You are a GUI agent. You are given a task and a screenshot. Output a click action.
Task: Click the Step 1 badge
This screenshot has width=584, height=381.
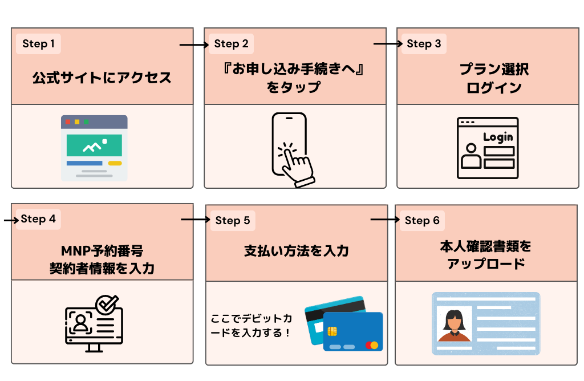39,44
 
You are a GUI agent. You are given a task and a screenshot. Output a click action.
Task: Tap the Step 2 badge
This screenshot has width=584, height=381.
231,44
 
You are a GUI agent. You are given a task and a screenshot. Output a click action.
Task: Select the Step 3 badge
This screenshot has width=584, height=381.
424,44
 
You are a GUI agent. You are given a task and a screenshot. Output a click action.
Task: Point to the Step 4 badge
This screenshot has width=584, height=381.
38,219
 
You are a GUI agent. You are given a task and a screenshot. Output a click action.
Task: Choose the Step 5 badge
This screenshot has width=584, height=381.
233,221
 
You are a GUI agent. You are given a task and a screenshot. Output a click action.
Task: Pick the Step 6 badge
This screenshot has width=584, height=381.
422,221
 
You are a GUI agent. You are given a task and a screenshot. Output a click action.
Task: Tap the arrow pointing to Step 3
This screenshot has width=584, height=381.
388,44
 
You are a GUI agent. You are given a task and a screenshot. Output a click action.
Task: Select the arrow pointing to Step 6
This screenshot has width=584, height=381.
385,220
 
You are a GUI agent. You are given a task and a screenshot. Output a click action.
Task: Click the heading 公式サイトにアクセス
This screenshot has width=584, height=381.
102,78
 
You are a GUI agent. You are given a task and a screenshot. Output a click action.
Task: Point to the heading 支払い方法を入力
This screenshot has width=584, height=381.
297,251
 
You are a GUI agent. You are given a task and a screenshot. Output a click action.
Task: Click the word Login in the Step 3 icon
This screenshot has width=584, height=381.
498,137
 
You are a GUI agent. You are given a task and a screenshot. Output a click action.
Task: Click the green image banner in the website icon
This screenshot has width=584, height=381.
94,146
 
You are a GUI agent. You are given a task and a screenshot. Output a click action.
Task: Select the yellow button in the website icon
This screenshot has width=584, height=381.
115,163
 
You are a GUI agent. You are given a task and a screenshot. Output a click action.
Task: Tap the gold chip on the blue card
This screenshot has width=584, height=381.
333,331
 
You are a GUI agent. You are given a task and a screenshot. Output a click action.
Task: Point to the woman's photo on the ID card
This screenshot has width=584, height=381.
455,323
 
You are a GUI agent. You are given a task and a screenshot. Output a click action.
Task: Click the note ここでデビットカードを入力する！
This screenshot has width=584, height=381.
251,326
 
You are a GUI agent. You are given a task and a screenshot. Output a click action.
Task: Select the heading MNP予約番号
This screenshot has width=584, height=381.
102,251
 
